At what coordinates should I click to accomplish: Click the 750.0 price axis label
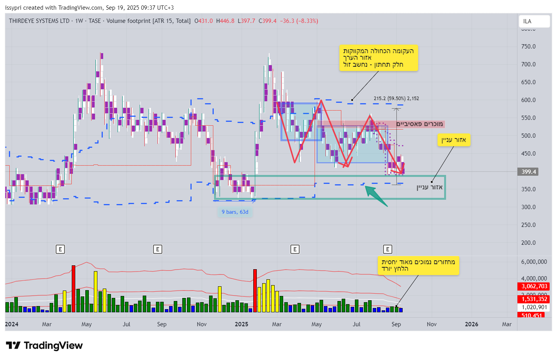click(528, 47)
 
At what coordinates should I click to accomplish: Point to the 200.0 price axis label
click(528, 243)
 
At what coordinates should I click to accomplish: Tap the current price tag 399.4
click(528, 172)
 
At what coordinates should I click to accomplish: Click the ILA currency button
click(534, 21)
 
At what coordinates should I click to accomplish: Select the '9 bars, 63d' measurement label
click(235, 212)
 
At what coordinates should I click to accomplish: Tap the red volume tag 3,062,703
click(534, 286)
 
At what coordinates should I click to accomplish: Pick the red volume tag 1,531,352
click(534, 299)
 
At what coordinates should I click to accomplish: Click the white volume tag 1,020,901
click(534, 307)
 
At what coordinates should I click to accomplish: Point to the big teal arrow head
click(371, 191)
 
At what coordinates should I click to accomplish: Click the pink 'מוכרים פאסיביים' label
click(419, 124)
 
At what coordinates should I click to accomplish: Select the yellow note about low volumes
click(418, 265)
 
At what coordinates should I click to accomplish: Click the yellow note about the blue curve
click(379, 58)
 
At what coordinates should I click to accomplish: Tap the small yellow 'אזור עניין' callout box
click(454, 140)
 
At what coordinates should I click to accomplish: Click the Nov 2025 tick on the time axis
click(432, 324)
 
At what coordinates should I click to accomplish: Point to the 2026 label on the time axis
click(471, 324)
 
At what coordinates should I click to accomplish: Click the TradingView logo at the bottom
click(44, 346)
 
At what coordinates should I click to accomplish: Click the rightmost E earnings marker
click(387, 249)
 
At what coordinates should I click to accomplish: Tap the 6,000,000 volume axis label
click(534, 262)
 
